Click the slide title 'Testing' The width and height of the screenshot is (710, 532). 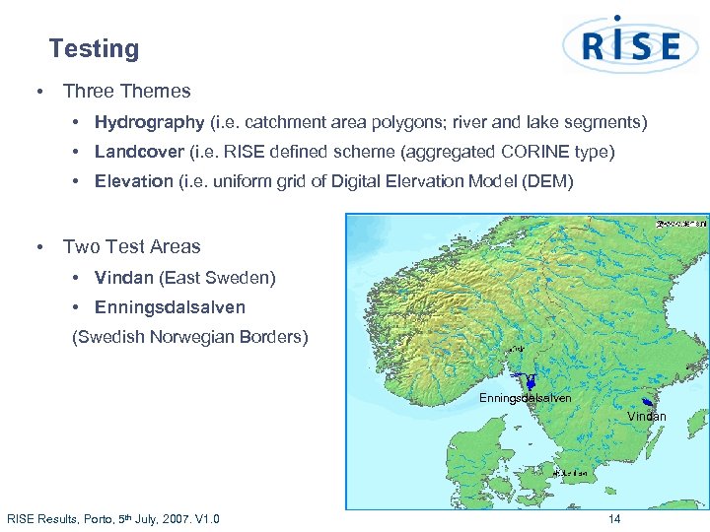pyautogui.click(x=94, y=48)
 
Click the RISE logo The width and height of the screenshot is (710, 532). pyautogui.click(x=630, y=45)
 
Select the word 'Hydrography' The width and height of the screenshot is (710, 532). pyautogui.click(x=150, y=123)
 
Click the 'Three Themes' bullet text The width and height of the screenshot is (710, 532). pyautogui.click(x=126, y=92)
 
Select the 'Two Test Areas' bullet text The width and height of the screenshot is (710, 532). pyautogui.click(x=131, y=247)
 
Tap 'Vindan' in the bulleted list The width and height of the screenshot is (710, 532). pyautogui.click(x=123, y=278)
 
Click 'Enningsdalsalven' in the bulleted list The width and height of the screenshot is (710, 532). pyautogui.click(x=170, y=307)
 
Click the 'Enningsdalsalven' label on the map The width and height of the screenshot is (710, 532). pyautogui.click(x=525, y=398)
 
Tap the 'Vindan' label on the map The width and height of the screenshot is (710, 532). pyautogui.click(x=646, y=417)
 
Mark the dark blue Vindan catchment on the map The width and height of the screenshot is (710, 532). pyautogui.click(x=648, y=403)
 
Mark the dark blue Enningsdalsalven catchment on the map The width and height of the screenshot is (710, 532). pyautogui.click(x=531, y=381)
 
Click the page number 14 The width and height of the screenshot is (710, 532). pyautogui.click(x=614, y=519)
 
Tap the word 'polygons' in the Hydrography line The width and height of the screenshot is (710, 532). pyautogui.click(x=435, y=123)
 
